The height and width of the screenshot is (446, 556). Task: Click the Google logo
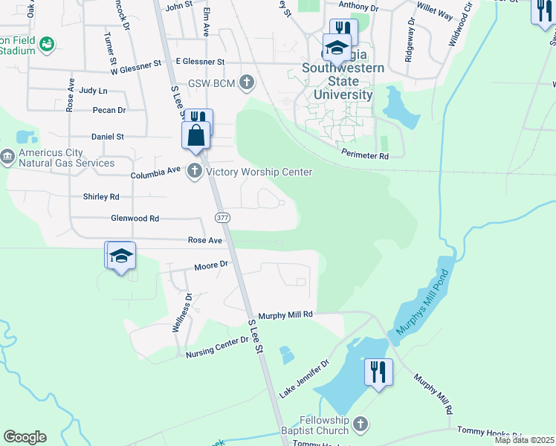tap(25, 437)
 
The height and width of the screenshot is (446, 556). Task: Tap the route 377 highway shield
tap(222, 217)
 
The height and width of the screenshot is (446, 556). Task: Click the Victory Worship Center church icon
tap(195, 172)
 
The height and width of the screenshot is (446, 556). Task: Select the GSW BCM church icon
tap(247, 83)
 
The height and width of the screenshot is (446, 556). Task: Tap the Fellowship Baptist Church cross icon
tap(360, 424)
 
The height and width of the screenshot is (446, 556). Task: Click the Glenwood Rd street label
tap(135, 219)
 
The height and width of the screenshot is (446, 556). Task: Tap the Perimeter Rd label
tap(365, 156)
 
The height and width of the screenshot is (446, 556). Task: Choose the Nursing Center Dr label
tap(216, 346)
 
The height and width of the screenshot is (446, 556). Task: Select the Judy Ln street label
tap(93, 91)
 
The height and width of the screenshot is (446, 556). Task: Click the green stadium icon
tap(48, 45)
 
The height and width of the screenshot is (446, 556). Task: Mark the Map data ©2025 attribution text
tap(524, 440)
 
